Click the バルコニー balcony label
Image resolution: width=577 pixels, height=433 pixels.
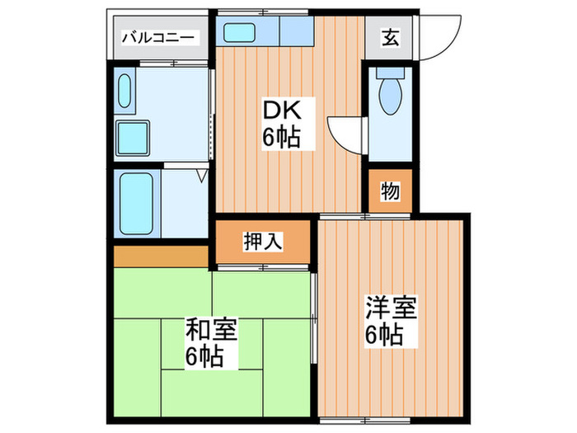point(159,37)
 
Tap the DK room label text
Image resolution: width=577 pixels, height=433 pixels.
point(277,111)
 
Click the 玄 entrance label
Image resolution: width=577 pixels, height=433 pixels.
point(391,37)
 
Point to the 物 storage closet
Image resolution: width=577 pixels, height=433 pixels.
point(390,191)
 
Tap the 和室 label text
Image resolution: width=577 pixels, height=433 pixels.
point(212,332)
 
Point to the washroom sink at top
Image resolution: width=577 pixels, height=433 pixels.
point(125,91)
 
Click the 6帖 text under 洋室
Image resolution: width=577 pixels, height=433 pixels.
point(385,336)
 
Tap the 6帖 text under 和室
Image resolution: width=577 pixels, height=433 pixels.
point(204,359)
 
